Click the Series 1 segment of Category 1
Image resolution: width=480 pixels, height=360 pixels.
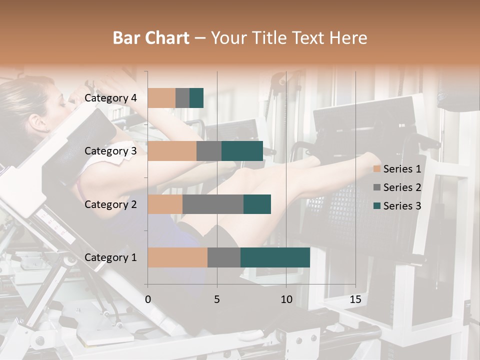pyautogui.click(x=177, y=257)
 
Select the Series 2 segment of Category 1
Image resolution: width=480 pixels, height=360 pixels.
pyautogui.click(x=223, y=257)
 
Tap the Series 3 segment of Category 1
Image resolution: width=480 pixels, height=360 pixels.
pyautogui.click(x=275, y=257)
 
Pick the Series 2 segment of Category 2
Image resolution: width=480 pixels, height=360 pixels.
pyautogui.click(x=213, y=204)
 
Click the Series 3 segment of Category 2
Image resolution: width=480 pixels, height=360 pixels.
pyautogui.click(x=257, y=204)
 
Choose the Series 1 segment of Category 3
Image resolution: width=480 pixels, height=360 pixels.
pyautogui.click(x=172, y=151)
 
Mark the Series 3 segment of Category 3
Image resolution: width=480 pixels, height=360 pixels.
pyautogui.click(x=242, y=151)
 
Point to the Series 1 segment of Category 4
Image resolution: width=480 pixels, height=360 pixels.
pyautogui.click(x=161, y=98)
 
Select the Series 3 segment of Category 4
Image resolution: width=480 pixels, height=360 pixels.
pyautogui.click(x=196, y=98)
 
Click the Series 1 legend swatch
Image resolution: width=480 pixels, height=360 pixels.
pyautogui.click(x=377, y=169)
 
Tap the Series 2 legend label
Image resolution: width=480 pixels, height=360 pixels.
pyautogui.click(x=402, y=187)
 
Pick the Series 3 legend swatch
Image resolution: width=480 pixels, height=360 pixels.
pyautogui.click(x=377, y=206)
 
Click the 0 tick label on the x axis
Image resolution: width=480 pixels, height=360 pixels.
pyautogui.click(x=148, y=299)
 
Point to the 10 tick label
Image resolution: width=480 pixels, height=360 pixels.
pyautogui.click(x=286, y=299)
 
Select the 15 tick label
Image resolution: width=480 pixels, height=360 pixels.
pyautogui.click(x=355, y=299)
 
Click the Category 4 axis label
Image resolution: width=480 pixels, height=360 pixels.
pyautogui.click(x=110, y=98)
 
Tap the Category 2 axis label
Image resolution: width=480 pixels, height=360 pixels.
pyautogui.click(x=110, y=204)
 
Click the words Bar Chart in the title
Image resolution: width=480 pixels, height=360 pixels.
pyautogui.click(x=151, y=38)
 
